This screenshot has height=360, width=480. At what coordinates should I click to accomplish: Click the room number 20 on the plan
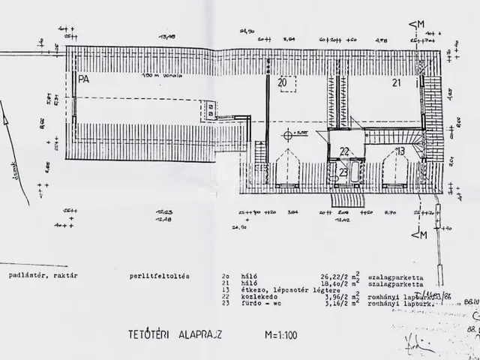coord(282,82)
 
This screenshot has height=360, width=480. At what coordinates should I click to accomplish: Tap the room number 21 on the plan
coord(397,83)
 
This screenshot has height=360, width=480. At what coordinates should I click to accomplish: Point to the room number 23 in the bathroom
coord(342,172)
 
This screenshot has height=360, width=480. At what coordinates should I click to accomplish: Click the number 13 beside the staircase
coord(400,151)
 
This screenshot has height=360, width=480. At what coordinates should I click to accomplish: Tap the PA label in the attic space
coord(79,77)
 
